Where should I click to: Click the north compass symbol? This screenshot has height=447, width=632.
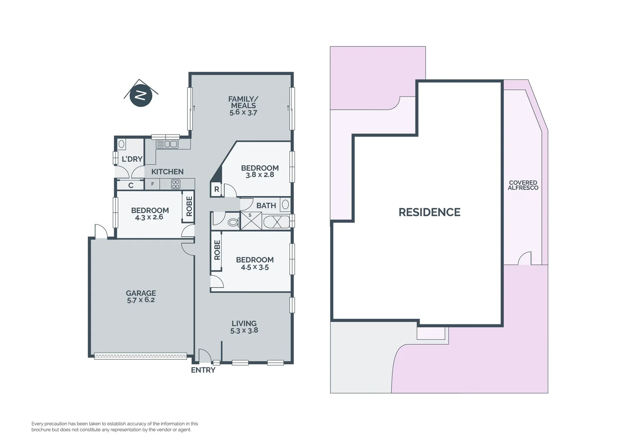click(x=141, y=95)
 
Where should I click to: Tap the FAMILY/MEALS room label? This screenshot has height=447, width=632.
click(x=243, y=102)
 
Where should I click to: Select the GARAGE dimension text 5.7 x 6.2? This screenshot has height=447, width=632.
click(x=141, y=300)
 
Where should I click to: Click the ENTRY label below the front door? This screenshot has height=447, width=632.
click(x=203, y=370)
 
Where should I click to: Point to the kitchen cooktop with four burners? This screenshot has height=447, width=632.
click(x=176, y=184)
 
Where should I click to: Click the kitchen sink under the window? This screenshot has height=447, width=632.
click(x=167, y=144)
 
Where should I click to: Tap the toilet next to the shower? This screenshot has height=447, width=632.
click(x=233, y=222)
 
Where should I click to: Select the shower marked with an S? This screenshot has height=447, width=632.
click(x=251, y=221)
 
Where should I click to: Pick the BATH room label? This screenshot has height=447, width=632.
click(x=266, y=205)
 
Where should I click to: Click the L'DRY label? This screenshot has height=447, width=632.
click(x=132, y=159)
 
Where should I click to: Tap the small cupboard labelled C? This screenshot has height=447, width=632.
click(x=131, y=185)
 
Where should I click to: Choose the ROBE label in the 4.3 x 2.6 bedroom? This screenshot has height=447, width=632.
click(x=189, y=206)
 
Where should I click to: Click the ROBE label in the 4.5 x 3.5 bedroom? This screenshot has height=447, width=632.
click(x=217, y=250)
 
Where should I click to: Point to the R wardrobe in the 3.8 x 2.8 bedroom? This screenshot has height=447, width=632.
click(x=216, y=190)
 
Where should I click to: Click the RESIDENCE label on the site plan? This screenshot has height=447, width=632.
click(x=429, y=212)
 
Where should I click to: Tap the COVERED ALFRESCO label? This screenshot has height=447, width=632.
click(x=523, y=185)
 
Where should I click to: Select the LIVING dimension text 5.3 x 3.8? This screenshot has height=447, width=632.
click(x=244, y=331)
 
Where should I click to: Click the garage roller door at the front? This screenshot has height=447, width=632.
click(x=140, y=356)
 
